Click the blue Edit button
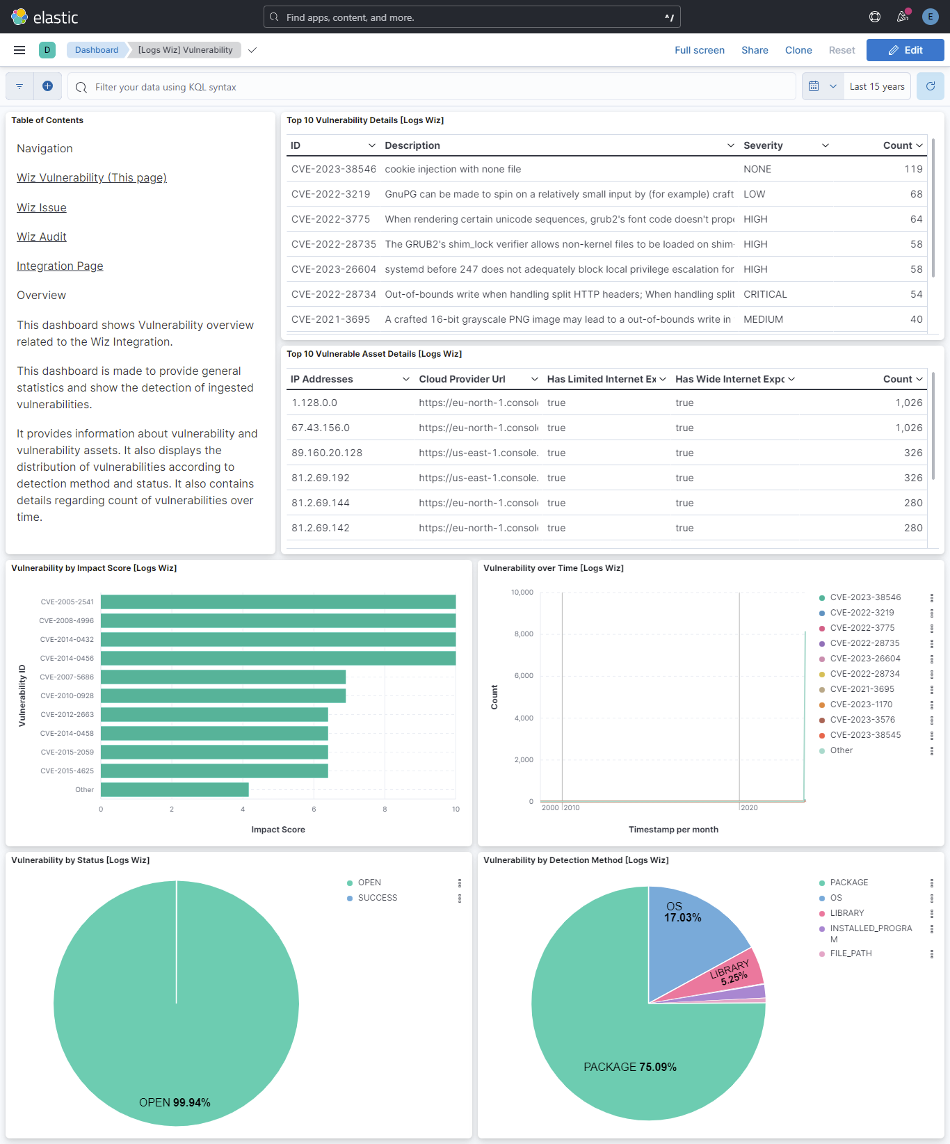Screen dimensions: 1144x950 [x=905, y=50]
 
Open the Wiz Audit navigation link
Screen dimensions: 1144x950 [x=42, y=237]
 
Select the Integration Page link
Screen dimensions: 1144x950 [x=60, y=266]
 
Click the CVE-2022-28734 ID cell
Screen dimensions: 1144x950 [x=333, y=295]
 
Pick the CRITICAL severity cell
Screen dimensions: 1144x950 [x=765, y=295]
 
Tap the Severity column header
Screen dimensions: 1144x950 [x=763, y=145]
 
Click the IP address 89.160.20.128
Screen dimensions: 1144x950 [x=327, y=453]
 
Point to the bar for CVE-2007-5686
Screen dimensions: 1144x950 [x=223, y=677]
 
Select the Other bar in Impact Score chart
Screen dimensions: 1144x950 [x=174, y=789]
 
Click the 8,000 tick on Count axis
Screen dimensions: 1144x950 [x=524, y=634]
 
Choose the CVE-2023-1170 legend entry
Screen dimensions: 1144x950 [x=861, y=704]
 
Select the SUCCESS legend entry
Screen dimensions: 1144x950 [x=378, y=898]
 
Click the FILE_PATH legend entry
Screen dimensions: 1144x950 [x=851, y=953]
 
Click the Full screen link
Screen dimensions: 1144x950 [x=699, y=50]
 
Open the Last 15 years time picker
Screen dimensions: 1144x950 [x=876, y=87]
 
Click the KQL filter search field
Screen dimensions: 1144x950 [x=431, y=87]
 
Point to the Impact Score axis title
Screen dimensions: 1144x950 [x=278, y=830]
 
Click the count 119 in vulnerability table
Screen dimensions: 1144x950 [x=913, y=170]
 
